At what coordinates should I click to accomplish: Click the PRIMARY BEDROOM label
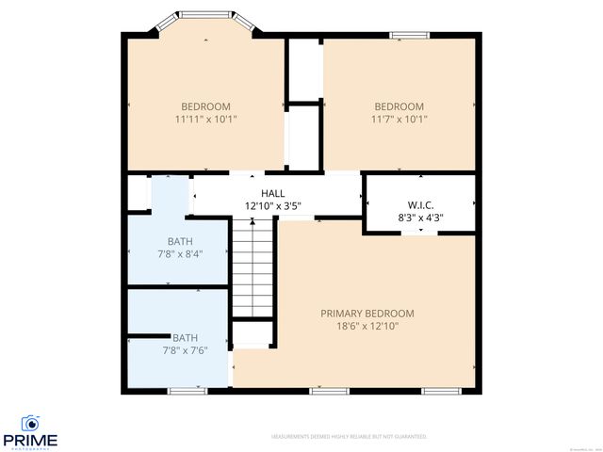click(x=367, y=314)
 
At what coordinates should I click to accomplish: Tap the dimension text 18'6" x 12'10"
click(x=367, y=326)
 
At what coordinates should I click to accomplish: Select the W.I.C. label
click(x=420, y=204)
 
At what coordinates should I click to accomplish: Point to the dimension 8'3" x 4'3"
click(x=420, y=217)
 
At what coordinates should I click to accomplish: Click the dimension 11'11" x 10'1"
click(x=205, y=120)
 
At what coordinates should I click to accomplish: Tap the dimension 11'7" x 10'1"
click(x=399, y=120)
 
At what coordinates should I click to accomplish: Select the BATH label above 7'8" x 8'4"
click(x=180, y=241)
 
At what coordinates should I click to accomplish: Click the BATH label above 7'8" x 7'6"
click(x=185, y=338)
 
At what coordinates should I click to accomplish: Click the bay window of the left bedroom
click(x=205, y=15)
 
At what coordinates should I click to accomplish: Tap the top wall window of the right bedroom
click(x=406, y=36)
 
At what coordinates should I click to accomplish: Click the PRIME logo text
click(x=30, y=440)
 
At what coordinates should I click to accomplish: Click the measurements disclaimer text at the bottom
click(x=349, y=437)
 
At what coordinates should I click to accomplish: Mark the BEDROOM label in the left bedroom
click(x=205, y=106)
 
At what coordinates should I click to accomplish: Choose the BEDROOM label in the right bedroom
click(x=399, y=106)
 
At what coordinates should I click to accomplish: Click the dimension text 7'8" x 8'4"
click(x=180, y=253)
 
